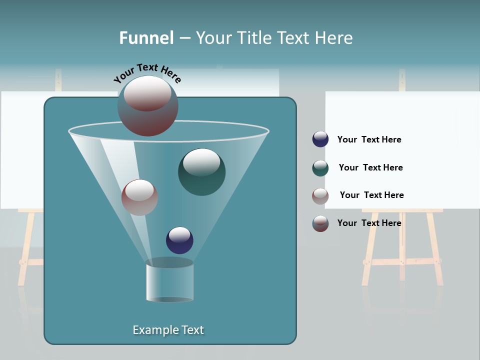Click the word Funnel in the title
[146, 38]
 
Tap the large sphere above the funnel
[148, 105]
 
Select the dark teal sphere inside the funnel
[202, 172]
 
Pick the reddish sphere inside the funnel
[139, 197]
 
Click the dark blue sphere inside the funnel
[179, 240]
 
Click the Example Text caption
[168, 330]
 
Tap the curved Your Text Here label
[147, 73]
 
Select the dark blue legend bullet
[320, 139]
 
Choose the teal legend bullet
[320, 168]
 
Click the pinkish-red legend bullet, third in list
[320, 195]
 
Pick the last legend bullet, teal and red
[320, 223]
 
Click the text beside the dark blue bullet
[369, 139]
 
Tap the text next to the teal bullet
[370, 167]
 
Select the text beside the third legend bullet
[371, 195]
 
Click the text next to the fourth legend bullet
[369, 223]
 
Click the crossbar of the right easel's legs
[400, 261]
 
